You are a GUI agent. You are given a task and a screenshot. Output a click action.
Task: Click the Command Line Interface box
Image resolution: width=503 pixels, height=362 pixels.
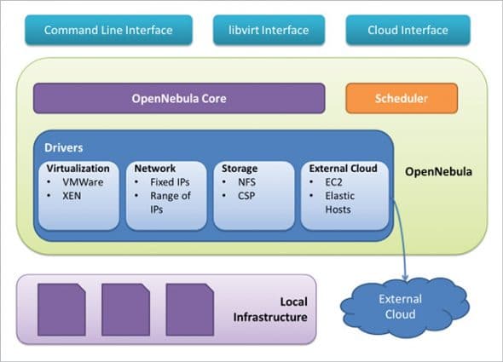[x=108, y=31]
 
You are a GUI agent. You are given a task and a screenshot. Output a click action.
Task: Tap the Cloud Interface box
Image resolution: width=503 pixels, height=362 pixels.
[x=408, y=31]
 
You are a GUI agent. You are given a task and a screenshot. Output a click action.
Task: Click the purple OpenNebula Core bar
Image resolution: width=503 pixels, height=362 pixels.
[x=178, y=98]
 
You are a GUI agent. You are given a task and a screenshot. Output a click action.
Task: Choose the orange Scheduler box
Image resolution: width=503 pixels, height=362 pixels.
[x=402, y=98]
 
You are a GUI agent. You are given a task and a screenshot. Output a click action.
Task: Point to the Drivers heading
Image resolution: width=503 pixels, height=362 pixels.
[x=66, y=147]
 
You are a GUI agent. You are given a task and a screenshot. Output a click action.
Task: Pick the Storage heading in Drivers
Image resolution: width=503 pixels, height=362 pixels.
[x=234, y=168]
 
